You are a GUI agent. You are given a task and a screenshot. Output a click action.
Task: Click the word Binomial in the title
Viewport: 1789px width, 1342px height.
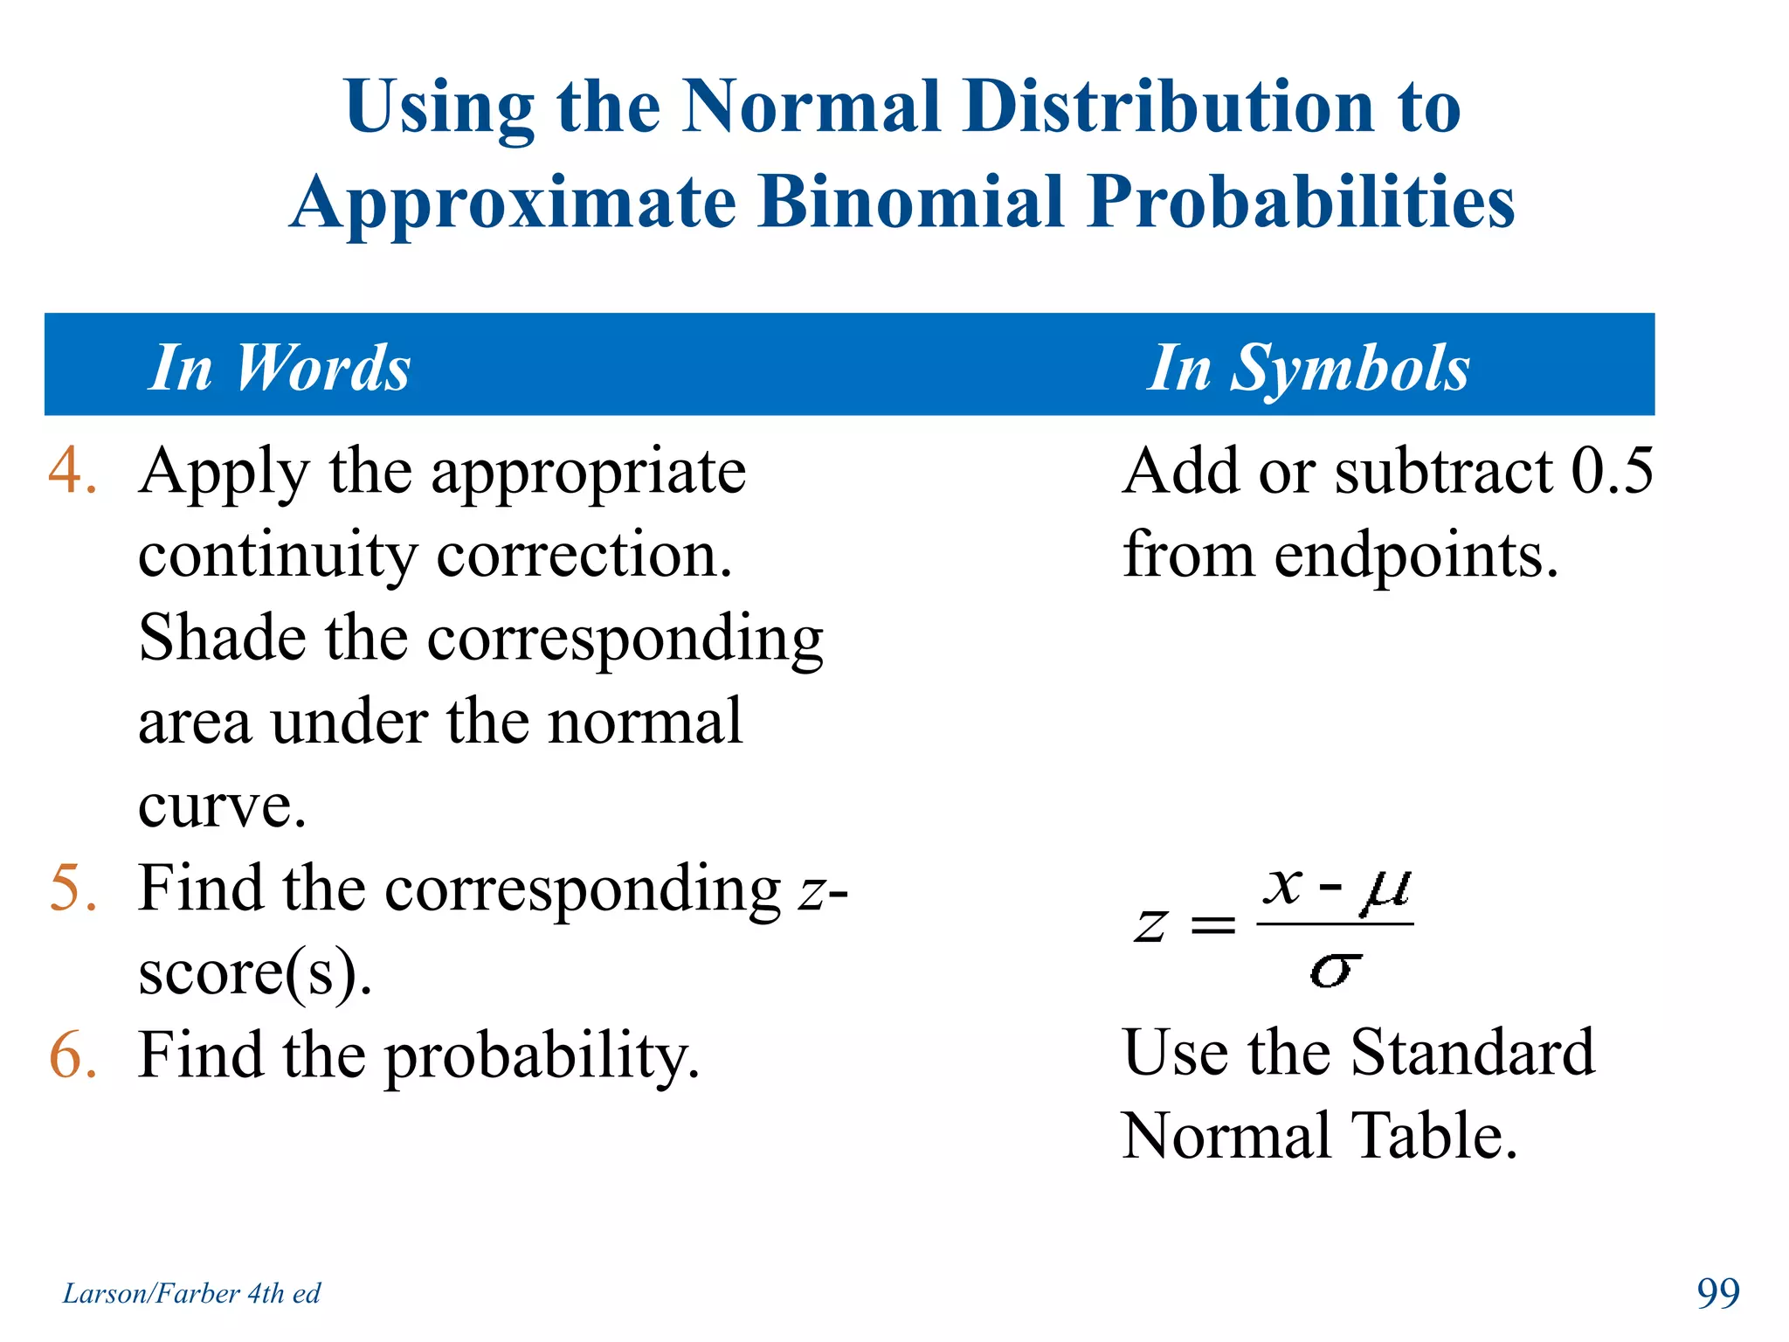pos(911,203)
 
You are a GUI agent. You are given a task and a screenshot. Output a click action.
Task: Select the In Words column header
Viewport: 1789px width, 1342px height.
pos(280,367)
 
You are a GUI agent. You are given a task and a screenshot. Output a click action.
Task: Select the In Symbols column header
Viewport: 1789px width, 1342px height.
pos(1308,367)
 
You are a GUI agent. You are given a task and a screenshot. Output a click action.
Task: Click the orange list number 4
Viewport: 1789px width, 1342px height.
pos(72,472)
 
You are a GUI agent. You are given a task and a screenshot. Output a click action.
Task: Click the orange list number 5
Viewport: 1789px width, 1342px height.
pos(72,889)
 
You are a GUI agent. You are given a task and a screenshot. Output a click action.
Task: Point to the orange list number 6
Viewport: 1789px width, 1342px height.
pos(72,1055)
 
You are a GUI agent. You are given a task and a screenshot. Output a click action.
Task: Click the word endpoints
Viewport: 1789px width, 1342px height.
pos(1415,556)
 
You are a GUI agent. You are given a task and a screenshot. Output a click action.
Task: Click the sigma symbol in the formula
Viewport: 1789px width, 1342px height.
pos(1335,970)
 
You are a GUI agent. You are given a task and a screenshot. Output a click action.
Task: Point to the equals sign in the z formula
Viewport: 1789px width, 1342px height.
pos(1213,924)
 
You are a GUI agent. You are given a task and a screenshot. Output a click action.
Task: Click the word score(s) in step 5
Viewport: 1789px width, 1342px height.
pos(253,972)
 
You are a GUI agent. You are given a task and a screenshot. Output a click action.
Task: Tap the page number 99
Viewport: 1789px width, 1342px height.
pos(1717,1293)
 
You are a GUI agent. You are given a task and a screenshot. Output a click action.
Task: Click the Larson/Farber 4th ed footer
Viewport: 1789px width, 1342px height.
pos(191,1293)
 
